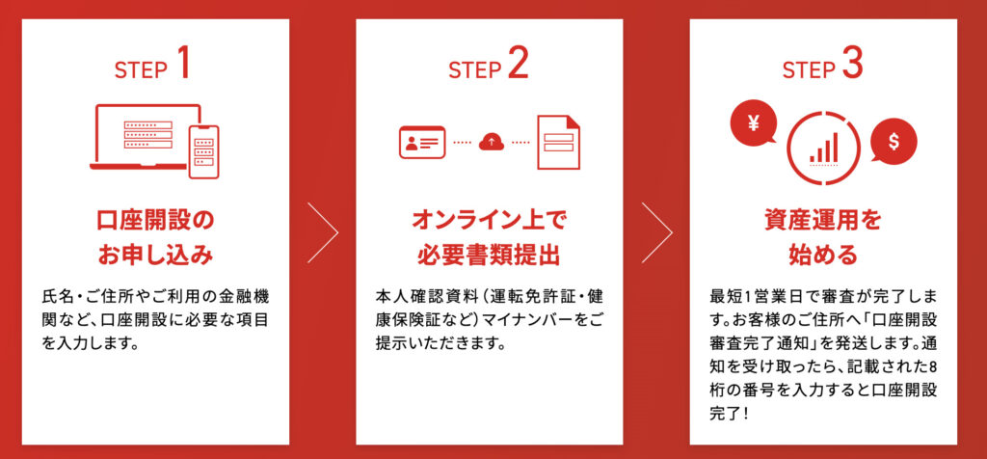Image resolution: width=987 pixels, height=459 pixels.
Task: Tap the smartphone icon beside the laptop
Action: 203,151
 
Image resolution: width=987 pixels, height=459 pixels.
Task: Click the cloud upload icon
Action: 492,142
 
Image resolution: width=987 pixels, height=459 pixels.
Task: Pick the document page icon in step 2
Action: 559,142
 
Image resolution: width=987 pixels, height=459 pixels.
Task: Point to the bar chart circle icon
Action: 822,149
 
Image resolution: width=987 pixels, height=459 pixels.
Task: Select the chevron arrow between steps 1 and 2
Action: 324,231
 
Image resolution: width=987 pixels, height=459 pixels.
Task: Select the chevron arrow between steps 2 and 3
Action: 657,231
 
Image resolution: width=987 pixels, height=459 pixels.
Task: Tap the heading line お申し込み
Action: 156,256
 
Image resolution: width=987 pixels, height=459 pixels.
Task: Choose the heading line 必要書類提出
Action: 490,256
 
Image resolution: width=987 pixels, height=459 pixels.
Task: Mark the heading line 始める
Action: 823,256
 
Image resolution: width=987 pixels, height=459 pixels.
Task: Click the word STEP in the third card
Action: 808,70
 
